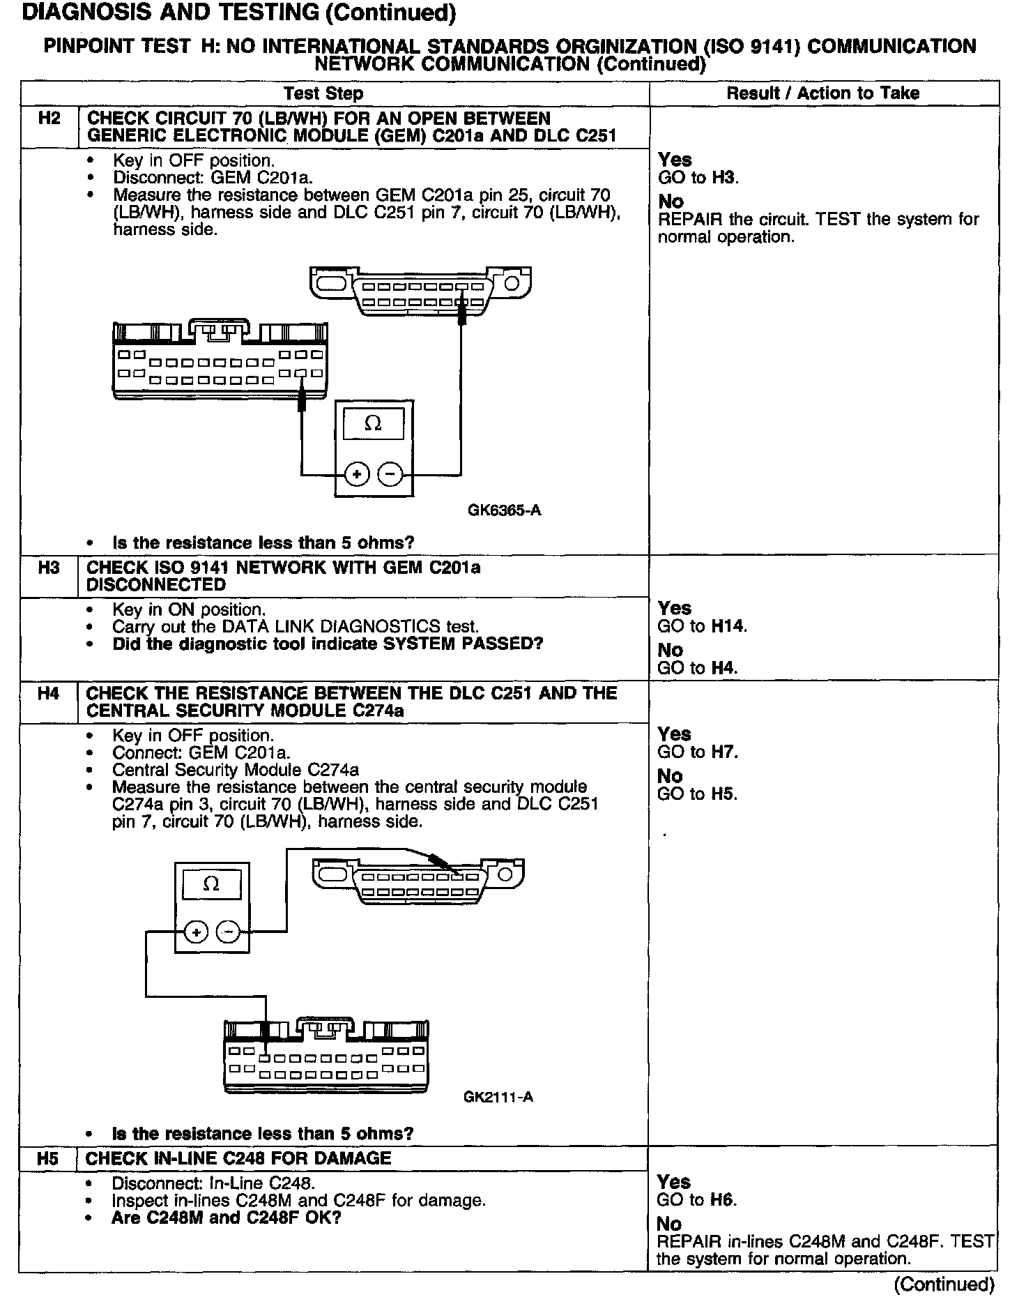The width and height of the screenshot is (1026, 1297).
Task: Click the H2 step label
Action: coord(49,118)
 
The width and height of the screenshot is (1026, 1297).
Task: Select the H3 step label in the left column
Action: coord(49,567)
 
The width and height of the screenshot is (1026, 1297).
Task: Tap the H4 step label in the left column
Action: coord(48,693)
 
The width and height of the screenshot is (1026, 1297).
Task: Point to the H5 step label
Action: coord(47,1158)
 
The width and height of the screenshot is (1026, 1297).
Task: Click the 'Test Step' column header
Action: coord(323,93)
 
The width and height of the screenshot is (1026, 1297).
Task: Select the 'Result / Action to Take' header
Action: coord(822,93)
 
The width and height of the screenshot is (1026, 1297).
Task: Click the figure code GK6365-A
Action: coord(504,510)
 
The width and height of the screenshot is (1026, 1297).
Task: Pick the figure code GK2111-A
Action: coord(498,1097)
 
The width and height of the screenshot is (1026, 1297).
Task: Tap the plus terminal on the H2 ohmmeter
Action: coord(357,475)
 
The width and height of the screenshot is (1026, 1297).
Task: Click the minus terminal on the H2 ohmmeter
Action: coord(390,475)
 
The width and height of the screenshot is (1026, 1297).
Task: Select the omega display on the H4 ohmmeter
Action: coord(211,884)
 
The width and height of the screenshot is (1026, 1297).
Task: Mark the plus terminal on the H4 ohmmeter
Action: coord(197,932)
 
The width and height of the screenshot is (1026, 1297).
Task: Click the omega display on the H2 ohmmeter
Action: coord(374,424)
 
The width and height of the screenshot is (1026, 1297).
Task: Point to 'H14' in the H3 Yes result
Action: coord(728,626)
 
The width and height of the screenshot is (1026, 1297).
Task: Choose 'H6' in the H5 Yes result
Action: coord(723,1200)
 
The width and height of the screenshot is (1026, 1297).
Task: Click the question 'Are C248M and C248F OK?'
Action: coord(227,1218)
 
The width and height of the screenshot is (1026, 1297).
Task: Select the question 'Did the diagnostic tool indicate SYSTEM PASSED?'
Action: coord(328,644)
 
